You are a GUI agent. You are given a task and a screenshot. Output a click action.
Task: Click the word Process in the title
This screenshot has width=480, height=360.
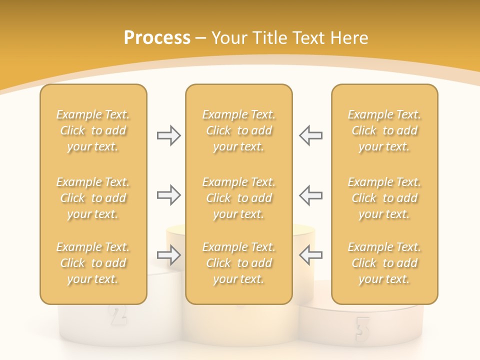pos(157,38)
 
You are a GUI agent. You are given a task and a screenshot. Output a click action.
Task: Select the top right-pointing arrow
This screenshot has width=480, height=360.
pos(168,135)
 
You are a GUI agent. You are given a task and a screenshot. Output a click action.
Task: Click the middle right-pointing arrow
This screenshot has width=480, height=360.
pos(168,194)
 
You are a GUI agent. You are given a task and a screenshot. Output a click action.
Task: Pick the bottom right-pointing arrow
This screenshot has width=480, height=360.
pos(168,255)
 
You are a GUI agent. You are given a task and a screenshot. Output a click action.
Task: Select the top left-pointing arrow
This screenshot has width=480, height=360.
pos(311,135)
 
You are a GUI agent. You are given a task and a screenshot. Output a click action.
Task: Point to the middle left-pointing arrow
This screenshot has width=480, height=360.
pos(311,194)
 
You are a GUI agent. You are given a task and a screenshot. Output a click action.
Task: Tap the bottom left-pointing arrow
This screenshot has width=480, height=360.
pos(311,255)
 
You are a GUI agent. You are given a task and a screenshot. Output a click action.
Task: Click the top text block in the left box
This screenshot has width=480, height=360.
pos(93,130)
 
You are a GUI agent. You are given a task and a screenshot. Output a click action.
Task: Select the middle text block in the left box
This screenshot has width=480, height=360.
pos(93,198)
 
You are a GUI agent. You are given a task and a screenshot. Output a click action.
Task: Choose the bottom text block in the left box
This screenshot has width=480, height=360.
pos(93,263)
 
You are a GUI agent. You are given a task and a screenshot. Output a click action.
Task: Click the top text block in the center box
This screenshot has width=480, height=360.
pos(238,130)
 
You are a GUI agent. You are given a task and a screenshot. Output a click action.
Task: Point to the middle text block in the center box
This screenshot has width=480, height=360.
pos(238,198)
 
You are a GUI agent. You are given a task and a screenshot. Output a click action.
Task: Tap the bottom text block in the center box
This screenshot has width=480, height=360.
pos(238,263)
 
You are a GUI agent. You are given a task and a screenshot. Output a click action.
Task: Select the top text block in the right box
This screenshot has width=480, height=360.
pos(384,130)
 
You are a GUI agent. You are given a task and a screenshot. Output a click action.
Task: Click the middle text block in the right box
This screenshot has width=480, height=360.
pos(384,198)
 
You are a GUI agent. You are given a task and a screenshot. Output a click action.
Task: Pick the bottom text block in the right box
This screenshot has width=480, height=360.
pos(384,263)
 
